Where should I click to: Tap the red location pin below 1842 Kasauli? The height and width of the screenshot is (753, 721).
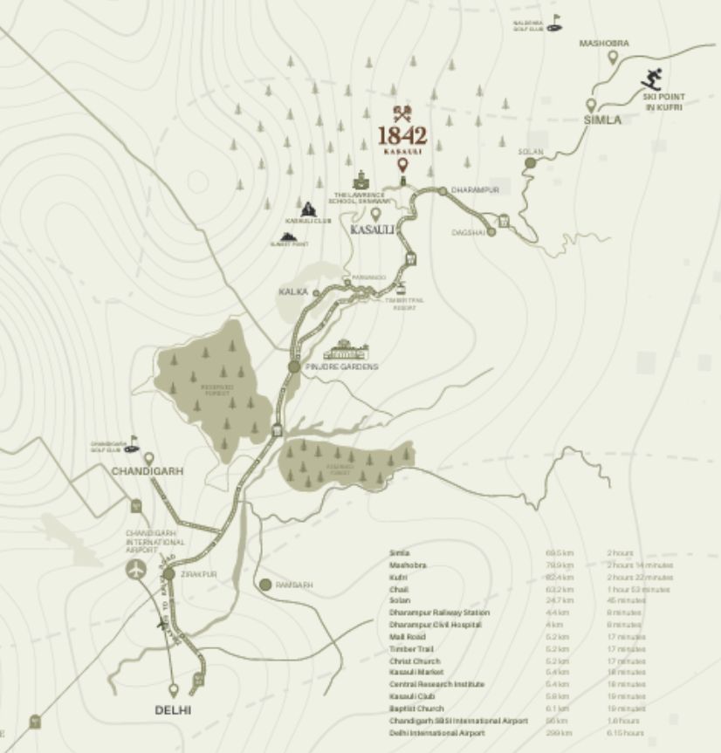coord(402,164)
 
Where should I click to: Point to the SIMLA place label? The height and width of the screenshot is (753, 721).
coord(602,120)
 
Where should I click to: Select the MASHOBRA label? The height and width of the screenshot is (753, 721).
coord(604,43)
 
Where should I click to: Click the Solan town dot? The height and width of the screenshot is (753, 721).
coord(529,162)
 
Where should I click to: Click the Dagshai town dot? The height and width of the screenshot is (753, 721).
coord(491,231)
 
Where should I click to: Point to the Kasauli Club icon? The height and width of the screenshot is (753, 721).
coord(307,209)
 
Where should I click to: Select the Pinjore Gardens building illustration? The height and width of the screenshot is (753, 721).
coord(346,349)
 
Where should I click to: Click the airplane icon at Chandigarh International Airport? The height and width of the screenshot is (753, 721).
coord(136,569)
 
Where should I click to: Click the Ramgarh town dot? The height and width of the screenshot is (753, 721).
coord(265,584)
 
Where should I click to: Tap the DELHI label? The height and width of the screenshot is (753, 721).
coord(173,709)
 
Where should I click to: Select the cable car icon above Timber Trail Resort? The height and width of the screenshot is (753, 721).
coord(402,287)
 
